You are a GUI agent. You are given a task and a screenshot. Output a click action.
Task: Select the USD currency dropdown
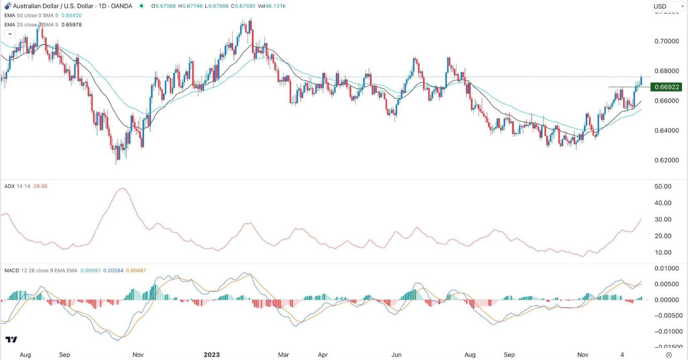(668, 6)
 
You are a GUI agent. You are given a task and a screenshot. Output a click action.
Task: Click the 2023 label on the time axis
(212, 354)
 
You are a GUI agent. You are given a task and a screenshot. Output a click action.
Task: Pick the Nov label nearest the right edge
(583, 354)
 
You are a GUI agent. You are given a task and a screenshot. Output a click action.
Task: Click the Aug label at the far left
(25, 354)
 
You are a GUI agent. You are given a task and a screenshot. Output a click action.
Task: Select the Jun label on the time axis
(396, 354)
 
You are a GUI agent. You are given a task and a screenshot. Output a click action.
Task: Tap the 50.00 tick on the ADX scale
(662, 186)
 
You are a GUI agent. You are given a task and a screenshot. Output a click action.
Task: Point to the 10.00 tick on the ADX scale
(662, 252)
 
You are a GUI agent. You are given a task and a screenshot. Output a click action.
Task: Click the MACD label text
(11, 270)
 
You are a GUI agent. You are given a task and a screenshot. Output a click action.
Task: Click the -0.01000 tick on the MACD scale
(664, 331)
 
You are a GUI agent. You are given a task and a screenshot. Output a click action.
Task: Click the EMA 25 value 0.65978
(71, 25)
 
